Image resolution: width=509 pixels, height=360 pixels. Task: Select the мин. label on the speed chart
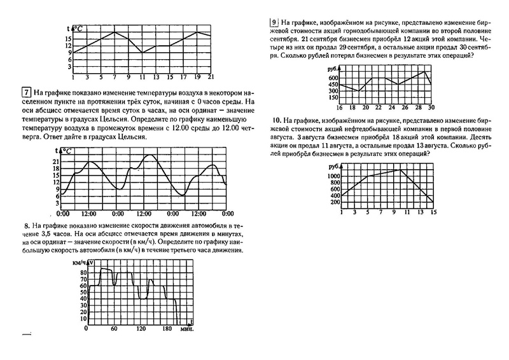tap(186, 329)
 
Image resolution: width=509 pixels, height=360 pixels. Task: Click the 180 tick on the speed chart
tap(167, 329)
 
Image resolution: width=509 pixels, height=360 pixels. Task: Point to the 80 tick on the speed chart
tap(83, 272)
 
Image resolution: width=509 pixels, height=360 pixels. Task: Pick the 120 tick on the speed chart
tap(141, 329)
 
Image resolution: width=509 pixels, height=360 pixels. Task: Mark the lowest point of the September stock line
tap(359, 91)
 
